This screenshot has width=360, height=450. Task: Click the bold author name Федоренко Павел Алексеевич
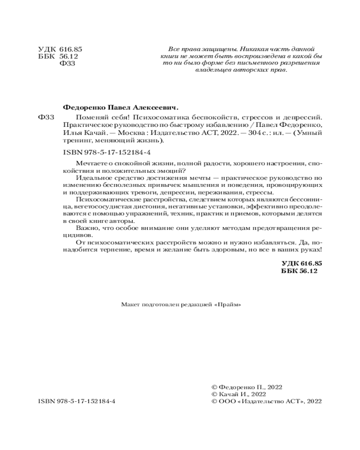[x=119, y=108]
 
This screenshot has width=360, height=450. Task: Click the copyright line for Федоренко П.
[x=244, y=387]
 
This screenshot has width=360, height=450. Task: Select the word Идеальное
[x=92, y=179]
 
